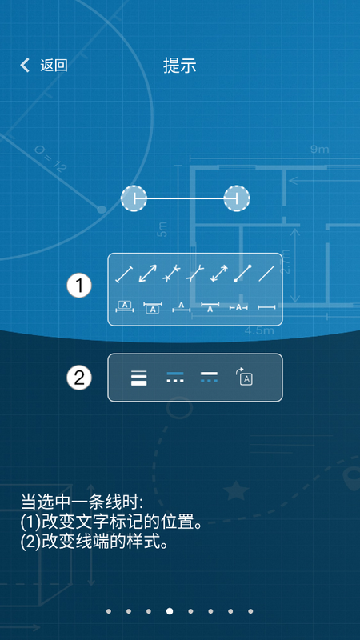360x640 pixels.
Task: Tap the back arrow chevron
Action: [x=25, y=66]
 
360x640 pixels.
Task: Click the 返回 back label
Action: [x=54, y=66]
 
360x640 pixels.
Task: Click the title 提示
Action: [x=180, y=66]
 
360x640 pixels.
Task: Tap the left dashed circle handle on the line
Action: [x=134, y=198]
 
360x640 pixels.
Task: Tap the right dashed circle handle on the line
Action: [x=237, y=198]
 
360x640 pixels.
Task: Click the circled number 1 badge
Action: [x=79, y=286]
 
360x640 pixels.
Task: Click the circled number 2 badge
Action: [x=79, y=378]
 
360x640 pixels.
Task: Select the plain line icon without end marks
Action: [x=266, y=274]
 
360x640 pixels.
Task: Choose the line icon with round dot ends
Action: [x=242, y=274]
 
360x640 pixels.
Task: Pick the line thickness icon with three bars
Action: [x=138, y=378]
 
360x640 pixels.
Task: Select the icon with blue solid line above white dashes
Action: [x=175, y=377]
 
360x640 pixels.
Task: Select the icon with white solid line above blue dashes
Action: [x=209, y=377]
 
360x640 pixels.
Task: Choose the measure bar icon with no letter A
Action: [x=266, y=307]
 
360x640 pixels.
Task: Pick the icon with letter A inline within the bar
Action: [x=238, y=307]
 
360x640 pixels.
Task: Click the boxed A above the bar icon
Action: [x=125, y=306]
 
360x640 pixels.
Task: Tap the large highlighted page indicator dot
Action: [x=170, y=611]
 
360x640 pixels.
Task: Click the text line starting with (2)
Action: [x=94, y=542]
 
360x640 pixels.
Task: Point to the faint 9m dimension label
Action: [x=319, y=150]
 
